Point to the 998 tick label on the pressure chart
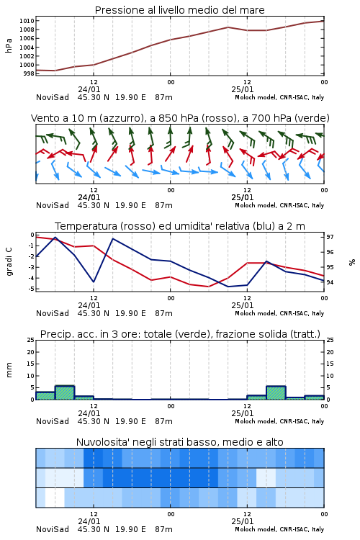coord(30,73)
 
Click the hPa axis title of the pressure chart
coord(9,45)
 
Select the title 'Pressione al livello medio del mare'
coord(180,10)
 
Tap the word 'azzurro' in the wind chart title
coord(120,118)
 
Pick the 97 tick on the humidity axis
coord(330,237)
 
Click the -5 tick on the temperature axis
coord(32,289)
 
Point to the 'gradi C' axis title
coord(9,262)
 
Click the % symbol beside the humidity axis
coord(352,262)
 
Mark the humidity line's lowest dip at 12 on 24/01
coord(94,282)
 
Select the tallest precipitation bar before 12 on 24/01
coord(65,392)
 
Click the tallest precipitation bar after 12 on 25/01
coord(276,393)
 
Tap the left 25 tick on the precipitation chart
coord(31,340)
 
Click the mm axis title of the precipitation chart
coord(9,370)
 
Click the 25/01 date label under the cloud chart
coord(243,521)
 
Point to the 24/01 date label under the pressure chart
coord(89,89)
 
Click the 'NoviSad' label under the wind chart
coord(53,205)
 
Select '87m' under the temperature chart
coord(163,313)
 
